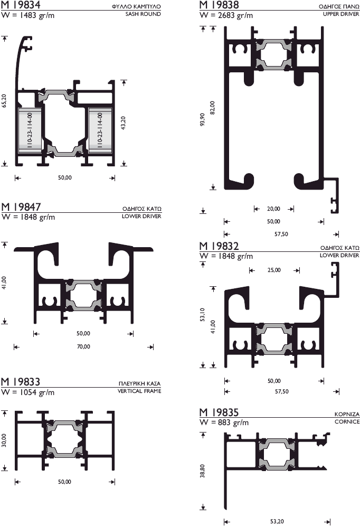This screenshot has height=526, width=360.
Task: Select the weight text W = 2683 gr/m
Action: pyautogui.click(x=226, y=15)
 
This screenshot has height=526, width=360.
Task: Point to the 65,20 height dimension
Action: pyautogui.click(x=5, y=101)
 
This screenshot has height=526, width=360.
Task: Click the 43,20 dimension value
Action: pyautogui.click(x=124, y=123)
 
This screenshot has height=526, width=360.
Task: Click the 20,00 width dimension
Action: pyautogui.click(x=273, y=209)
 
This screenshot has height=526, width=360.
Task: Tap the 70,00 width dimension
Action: pyautogui.click(x=83, y=347)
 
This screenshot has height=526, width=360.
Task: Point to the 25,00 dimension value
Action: pyautogui.click(x=274, y=270)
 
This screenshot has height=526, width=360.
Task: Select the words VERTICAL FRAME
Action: pyautogui.click(x=139, y=391)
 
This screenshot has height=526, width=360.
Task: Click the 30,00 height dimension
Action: pyautogui.click(x=5, y=440)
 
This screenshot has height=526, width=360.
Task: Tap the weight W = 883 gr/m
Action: pyautogui.click(x=224, y=422)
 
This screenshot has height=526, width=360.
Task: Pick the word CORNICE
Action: pyautogui.click(x=347, y=422)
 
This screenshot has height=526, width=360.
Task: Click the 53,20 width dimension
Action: pyautogui.click(x=277, y=522)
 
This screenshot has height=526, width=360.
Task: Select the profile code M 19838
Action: pyautogui.click(x=219, y=5)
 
